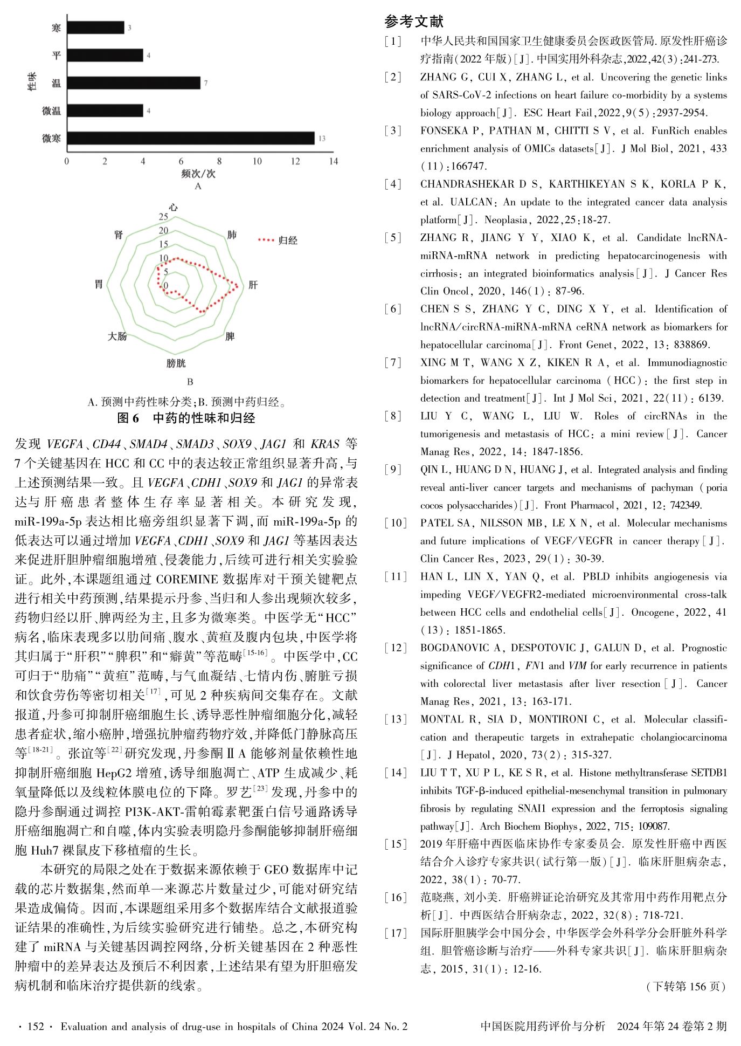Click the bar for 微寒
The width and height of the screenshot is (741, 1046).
pyautogui.click(x=191, y=138)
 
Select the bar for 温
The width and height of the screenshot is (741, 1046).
pyautogui.click(x=134, y=82)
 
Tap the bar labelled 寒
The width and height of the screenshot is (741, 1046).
pyautogui.click(x=95, y=27)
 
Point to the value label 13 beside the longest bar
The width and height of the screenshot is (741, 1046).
pyautogui.click(x=322, y=139)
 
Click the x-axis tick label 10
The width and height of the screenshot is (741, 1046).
pyautogui.click(x=257, y=161)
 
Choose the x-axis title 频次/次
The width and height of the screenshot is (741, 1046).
pyautogui.click(x=198, y=174)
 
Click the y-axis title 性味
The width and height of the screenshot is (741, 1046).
pyautogui.click(x=32, y=82)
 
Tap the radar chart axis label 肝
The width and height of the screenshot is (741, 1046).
pyautogui.click(x=253, y=285)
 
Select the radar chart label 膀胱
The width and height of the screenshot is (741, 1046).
pyautogui.click(x=176, y=364)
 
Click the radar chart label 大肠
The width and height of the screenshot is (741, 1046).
pyautogui.click(x=117, y=336)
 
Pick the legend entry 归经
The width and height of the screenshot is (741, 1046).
pyautogui.click(x=288, y=240)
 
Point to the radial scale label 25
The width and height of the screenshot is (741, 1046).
pyautogui.click(x=163, y=217)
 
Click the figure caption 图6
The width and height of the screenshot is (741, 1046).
pyautogui.click(x=128, y=418)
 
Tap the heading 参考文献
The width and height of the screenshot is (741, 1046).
pyautogui.click(x=414, y=22)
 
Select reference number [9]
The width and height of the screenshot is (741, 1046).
pyautogui.click(x=393, y=470)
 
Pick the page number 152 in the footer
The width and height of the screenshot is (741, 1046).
pyautogui.click(x=36, y=1027)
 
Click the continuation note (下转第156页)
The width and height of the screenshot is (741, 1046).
pyautogui.click(x=685, y=987)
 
